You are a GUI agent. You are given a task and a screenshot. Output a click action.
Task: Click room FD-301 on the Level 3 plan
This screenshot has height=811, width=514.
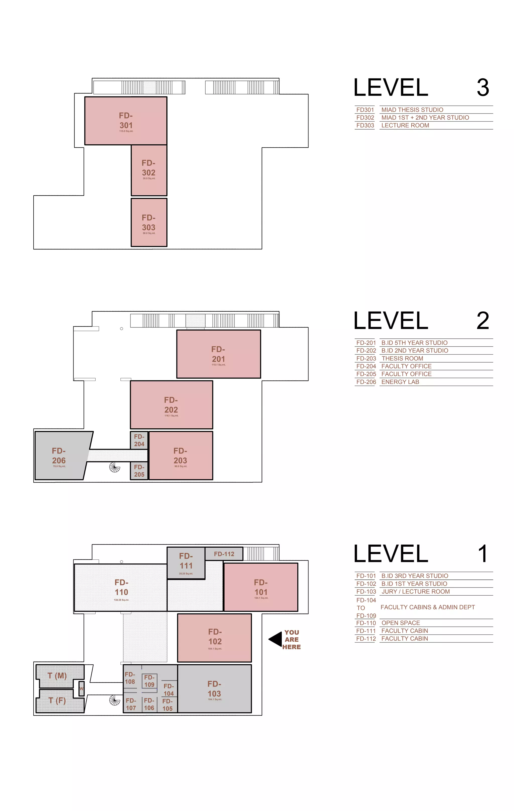[x=125, y=121]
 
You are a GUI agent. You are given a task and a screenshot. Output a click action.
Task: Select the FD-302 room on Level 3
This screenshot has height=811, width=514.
[x=149, y=170]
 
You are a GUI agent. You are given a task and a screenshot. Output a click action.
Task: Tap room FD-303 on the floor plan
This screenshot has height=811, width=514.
[x=149, y=222]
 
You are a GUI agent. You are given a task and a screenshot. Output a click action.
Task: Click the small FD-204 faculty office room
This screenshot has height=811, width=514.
[x=139, y=440]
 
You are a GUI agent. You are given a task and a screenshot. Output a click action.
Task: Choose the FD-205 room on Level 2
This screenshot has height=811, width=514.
[x=139, y=471]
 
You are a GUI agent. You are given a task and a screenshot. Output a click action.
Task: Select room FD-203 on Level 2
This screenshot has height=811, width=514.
[x=181, y=455]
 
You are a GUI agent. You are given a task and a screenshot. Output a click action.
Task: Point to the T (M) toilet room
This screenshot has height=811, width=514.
[x=57, y=676]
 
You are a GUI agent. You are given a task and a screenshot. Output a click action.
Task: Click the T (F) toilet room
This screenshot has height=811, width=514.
[x=57, y=701]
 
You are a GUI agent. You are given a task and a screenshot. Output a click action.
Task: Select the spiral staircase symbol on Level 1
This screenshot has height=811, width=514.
[x=115, y=701]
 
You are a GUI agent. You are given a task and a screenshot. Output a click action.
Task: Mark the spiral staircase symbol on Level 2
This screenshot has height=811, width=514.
[x=115, y=467]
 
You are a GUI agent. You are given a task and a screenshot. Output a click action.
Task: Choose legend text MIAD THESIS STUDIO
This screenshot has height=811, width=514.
[x=412, y=110]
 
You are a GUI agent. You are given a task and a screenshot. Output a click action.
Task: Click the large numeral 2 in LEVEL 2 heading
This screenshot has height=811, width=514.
[x=482, y=321]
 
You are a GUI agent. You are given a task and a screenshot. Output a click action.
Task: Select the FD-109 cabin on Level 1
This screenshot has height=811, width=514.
[x=149, y=681]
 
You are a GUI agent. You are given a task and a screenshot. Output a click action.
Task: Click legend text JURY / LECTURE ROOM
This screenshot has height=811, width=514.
[x=415, y=591]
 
